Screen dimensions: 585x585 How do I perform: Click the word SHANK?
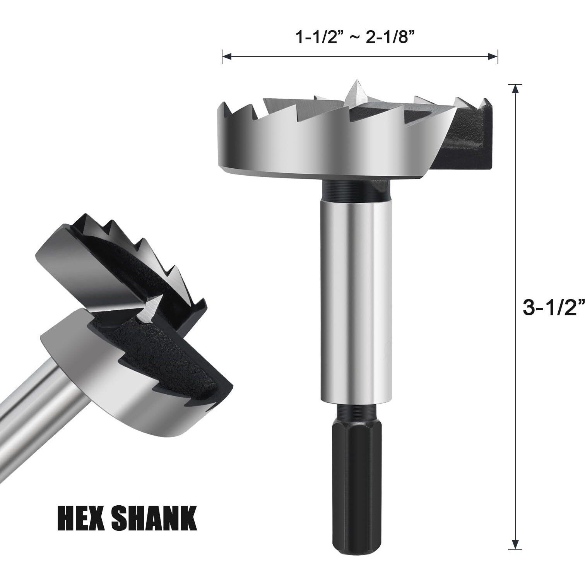coord(154,518)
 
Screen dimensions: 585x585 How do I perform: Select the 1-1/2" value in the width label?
coord(317,38)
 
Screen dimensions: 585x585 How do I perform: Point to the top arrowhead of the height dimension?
coord(515,89)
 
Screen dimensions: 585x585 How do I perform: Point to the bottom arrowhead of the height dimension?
coord(515,544)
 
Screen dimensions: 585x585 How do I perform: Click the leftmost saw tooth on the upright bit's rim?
coord(224,108)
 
